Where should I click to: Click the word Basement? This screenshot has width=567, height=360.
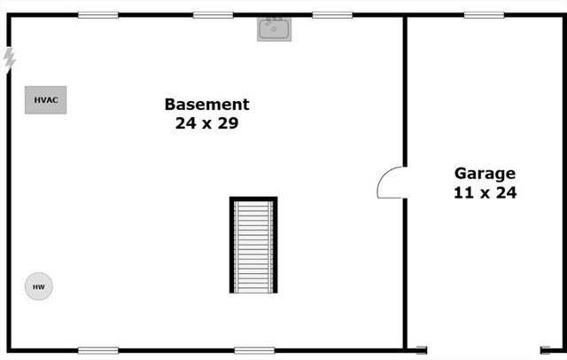[206, 104]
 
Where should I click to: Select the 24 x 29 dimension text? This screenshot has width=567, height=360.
[206, 123]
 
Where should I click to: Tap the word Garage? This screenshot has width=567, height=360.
[485, 173]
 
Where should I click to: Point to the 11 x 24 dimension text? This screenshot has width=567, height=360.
[485, 192]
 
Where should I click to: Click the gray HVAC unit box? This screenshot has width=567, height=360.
[45, 100]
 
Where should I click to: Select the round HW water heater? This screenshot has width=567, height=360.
[38, 286]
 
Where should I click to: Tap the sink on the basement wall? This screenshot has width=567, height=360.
[274, 29]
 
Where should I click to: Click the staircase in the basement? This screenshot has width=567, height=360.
[253, 246]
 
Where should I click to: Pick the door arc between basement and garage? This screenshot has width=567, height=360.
[392, 183]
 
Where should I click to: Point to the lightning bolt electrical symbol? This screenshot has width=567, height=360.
[10, 59]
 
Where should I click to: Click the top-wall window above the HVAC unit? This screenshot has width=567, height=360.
[97, 15]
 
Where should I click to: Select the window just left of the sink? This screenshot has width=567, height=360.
[213, 15]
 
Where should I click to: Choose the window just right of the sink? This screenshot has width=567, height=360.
[332, 15]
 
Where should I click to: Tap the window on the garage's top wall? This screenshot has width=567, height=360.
[484, 15]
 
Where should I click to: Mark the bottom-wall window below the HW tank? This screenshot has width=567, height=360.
[97, 350]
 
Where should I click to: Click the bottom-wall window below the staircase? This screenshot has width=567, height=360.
[254, 350]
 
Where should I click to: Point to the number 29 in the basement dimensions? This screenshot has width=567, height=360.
[228, 123]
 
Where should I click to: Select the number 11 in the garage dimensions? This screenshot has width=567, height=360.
[463, 192]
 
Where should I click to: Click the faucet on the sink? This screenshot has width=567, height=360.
[274, 20]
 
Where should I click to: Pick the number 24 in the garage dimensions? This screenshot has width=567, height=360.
[506, 192]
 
